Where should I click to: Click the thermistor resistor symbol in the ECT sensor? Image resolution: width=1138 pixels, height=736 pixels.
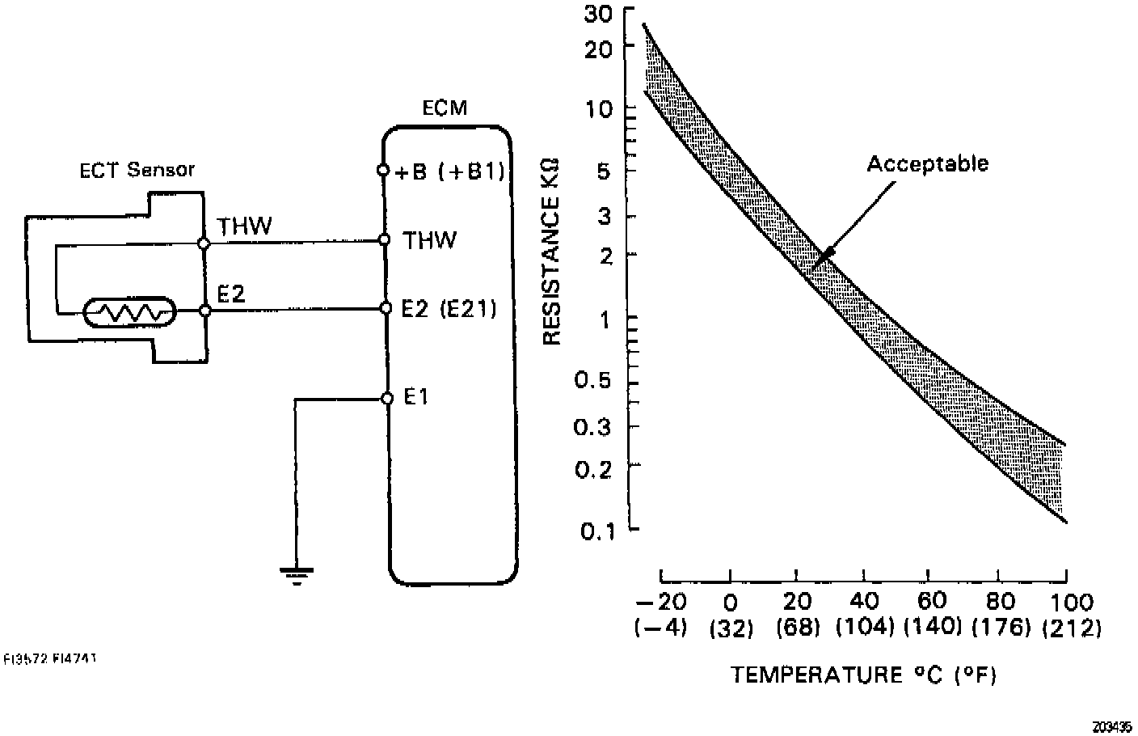click(129, 311)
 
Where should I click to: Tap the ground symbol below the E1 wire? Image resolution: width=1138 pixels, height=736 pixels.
click(297, 575)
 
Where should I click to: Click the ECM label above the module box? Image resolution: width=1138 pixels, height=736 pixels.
click(445, 108)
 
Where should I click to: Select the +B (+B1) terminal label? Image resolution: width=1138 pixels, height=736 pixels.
click(451, 171)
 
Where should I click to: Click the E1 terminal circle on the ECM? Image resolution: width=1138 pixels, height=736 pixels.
click(387, 399)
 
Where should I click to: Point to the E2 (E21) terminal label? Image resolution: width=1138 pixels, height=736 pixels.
click(449, 309)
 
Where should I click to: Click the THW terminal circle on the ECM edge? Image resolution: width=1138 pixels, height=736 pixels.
click(385, 240)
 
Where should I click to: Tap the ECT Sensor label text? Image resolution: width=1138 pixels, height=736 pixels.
click(137, 170)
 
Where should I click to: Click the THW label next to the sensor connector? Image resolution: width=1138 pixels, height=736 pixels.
click(245, 226)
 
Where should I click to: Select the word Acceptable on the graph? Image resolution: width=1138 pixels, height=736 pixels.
click(927, 164)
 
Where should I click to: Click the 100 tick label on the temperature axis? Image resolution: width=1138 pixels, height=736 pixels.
click(1072, 603)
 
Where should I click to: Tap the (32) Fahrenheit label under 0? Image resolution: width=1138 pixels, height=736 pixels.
click(731, 628)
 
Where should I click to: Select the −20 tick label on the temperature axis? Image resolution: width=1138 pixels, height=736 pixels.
click(661, 603)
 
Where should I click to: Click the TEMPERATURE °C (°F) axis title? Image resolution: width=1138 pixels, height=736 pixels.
click(863, 675)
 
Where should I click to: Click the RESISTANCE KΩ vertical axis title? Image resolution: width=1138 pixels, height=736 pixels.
click(553, 251)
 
